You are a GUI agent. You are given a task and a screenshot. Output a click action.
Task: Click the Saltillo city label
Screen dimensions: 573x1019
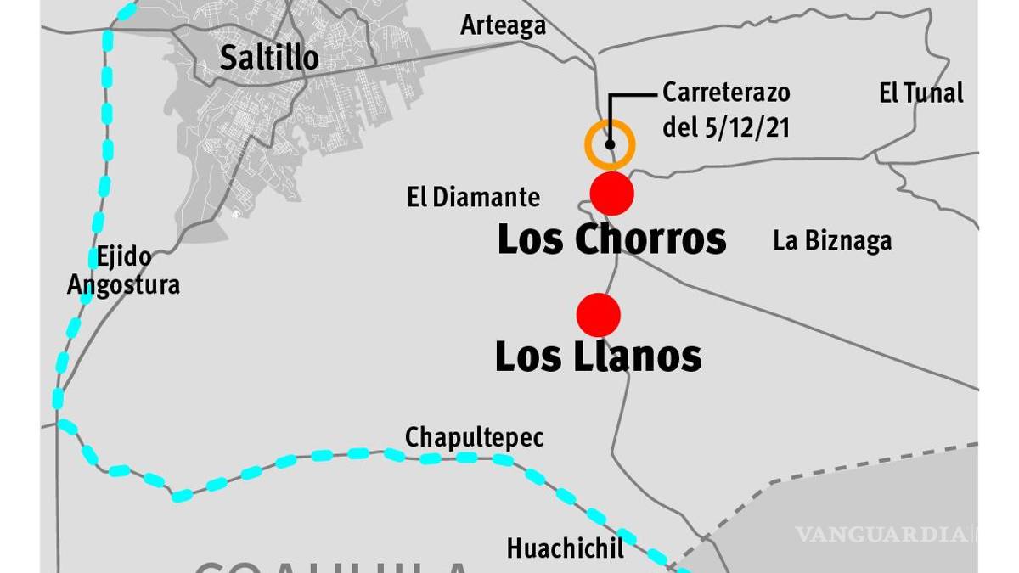pos(269,58)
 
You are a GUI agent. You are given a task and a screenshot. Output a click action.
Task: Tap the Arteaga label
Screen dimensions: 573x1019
pos(503,25)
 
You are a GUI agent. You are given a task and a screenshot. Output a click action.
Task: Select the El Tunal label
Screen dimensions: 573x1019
pos(921,93)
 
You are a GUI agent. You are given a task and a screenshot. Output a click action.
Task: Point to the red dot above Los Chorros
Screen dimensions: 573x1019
pos(612,194)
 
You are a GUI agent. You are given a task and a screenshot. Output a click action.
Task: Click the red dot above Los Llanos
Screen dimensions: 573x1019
pos(599,315)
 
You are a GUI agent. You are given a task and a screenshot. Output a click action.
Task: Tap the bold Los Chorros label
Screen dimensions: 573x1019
pos(611,239)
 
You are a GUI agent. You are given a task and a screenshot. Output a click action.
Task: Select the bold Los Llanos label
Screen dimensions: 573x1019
pos(599,356)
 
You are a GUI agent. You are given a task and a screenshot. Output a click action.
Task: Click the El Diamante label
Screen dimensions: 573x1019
pos(473,198)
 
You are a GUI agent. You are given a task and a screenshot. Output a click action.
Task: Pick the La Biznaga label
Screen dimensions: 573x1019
pos(832,241)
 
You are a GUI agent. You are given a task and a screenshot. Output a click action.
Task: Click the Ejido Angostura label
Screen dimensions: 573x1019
pos(124,271)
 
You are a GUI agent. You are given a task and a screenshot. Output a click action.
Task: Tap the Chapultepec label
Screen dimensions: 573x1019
pos(474,437)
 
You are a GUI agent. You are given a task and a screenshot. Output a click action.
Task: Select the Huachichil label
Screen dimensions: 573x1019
pos(565,548)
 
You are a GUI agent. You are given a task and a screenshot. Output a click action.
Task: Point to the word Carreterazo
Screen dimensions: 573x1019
pos(726,92)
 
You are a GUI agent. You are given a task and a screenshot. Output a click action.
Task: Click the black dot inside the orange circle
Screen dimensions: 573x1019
pos(610,144)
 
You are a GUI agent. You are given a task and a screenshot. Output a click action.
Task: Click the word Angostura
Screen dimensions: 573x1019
pos(124,284)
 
